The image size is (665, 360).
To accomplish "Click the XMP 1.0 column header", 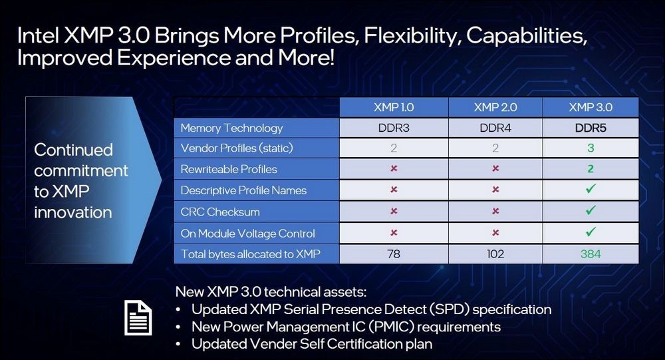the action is (x=394, y=107).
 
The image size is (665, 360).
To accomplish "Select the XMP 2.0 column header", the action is (x=495, y=107).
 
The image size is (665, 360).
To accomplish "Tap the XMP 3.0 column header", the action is (x=591, y=107).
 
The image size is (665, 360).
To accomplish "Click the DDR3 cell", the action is (x=394, y=128).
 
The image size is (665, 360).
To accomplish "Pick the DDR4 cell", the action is (x=495, y=128).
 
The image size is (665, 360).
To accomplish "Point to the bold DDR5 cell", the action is (x=591, y=128).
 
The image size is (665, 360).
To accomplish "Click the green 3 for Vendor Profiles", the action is (x=591, y=148).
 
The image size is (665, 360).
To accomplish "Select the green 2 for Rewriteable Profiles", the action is (x=591, y=169).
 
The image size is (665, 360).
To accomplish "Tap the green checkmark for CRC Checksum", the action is (x=591, y=210).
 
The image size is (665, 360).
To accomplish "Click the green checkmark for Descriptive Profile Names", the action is (x=591, y=188).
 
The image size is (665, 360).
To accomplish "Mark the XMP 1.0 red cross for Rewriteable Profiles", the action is (x=394, y=168).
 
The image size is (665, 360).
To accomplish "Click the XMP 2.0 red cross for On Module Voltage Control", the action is (x=495, y=233).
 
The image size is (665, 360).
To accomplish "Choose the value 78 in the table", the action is (x=394, y=254).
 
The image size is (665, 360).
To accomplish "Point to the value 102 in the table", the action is (x=495, y=254).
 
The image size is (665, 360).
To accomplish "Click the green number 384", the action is (x=591, y=254).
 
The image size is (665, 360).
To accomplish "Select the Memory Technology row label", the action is (x=231, y=128).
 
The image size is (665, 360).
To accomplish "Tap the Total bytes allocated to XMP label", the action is (x=250, y=254).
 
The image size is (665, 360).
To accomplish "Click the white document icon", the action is (x=138, y=317).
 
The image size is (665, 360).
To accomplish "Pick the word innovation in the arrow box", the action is (x=73, y=212).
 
